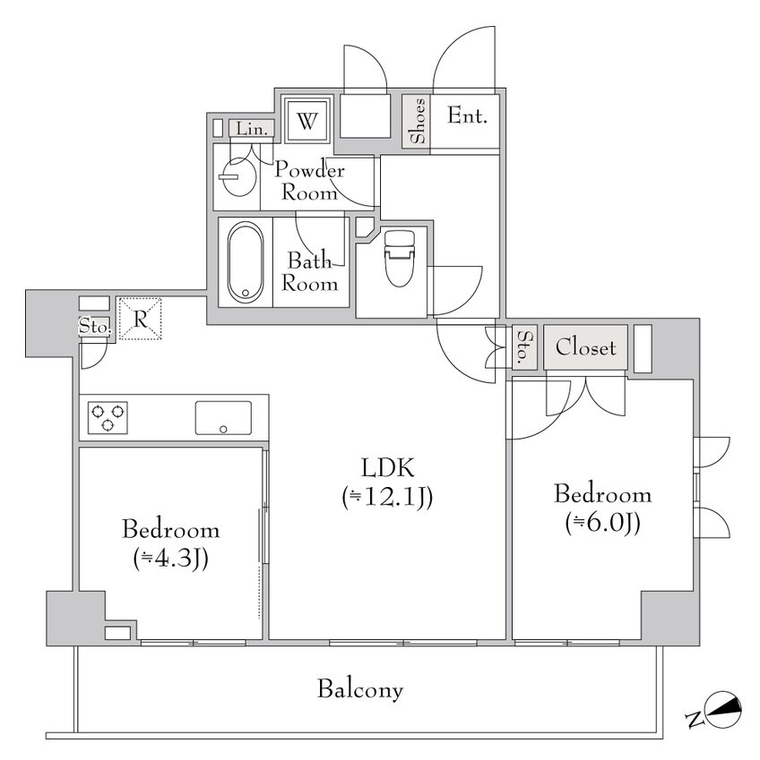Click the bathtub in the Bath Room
click(x=245, y=262)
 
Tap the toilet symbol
click(x=400, y=259)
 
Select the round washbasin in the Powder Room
click(x=237, y=177)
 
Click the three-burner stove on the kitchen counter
click(x=108, y=417)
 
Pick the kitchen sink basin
click(x=223, y=418)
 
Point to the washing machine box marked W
click(x=307, y=120)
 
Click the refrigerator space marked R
click(x=140, y=319)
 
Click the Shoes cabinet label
click(x=418, y=121)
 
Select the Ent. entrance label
click(x=467, y=115)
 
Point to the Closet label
click(x=586, y=347)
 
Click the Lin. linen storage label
click(x=252, y=130)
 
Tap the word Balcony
click(x=360, y=689)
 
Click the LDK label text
click(x=387, y=468)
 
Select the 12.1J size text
click(x=387, y=497)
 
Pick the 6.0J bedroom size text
click(x=602, y=523)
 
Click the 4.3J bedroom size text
click(x=170, y=559)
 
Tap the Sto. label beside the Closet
click(x=524, y=347)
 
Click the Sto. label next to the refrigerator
click(x=95, y=327)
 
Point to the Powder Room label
click(x=309, y=182)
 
